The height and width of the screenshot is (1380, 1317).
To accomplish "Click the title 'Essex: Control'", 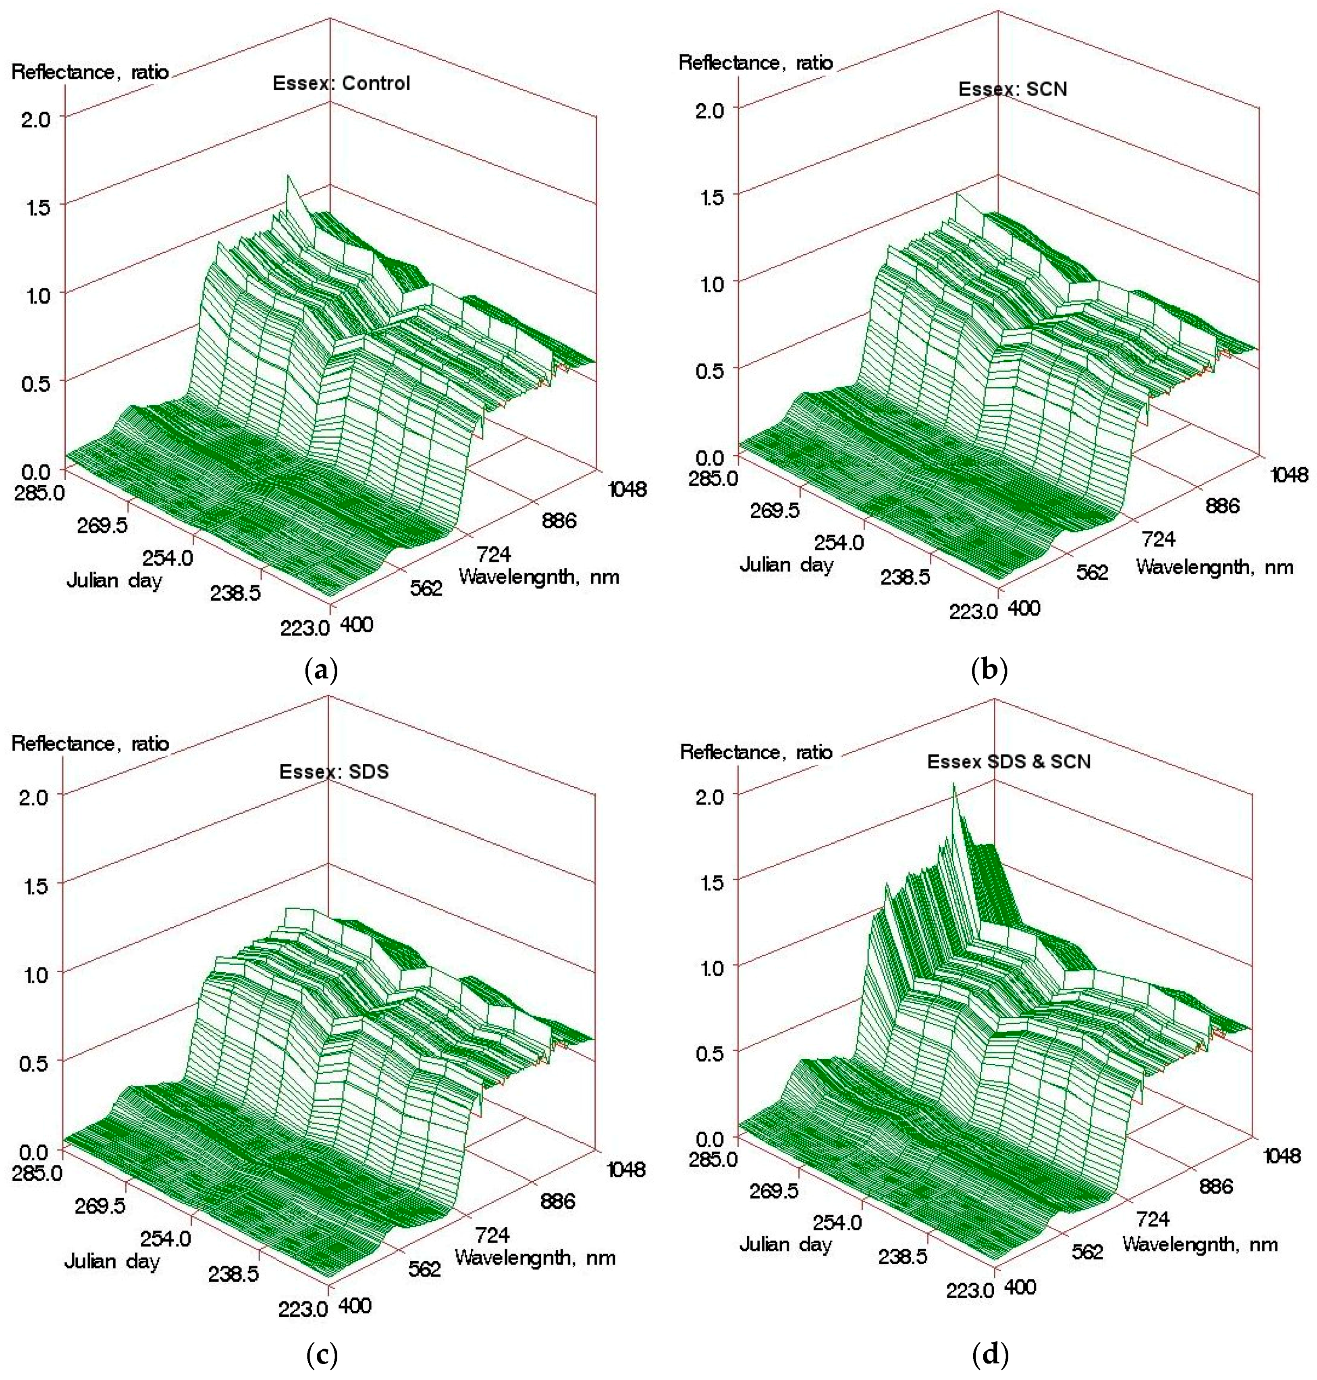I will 341,83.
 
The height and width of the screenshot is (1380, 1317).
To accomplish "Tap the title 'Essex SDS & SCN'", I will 1009,762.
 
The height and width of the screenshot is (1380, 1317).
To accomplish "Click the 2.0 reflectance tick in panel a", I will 35,119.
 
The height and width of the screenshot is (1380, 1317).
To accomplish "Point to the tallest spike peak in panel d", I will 953,785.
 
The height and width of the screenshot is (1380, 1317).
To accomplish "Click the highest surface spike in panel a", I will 287,176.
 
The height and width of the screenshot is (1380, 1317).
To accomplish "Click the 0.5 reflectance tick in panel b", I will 709,370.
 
